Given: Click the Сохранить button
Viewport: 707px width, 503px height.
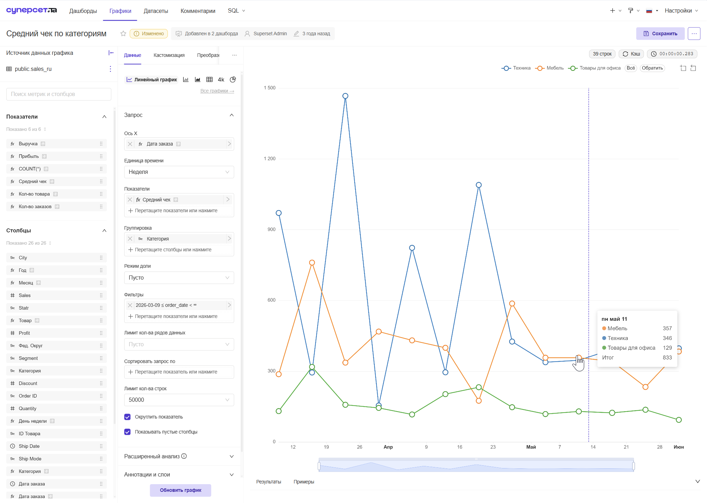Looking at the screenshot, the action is click(660, 34).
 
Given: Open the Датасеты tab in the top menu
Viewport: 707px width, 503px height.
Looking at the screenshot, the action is click(156, 11).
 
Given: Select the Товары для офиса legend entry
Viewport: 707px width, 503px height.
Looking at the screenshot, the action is click(594, 68).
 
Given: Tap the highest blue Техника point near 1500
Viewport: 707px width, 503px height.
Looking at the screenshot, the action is click(345, 96).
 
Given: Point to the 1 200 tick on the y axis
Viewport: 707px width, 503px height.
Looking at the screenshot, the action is click(269, 158).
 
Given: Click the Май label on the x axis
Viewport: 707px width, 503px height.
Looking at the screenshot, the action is click(531, 447).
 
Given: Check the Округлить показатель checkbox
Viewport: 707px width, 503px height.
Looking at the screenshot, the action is click(127, 417).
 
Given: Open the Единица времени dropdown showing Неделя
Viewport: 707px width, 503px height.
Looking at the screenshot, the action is click(179, 172).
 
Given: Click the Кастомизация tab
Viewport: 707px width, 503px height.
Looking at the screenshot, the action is click(169, 55).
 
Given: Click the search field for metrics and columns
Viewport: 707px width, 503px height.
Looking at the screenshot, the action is click(59, 94).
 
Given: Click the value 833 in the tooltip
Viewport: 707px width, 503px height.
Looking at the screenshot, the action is click(667, 357).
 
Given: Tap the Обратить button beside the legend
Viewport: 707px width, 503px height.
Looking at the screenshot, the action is click(652, 68).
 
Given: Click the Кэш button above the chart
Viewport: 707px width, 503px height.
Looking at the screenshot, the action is click(631, 54).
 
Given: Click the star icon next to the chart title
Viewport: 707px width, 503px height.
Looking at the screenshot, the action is click(123, 34).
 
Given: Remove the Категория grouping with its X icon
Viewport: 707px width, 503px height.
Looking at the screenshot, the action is click(130, 239).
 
